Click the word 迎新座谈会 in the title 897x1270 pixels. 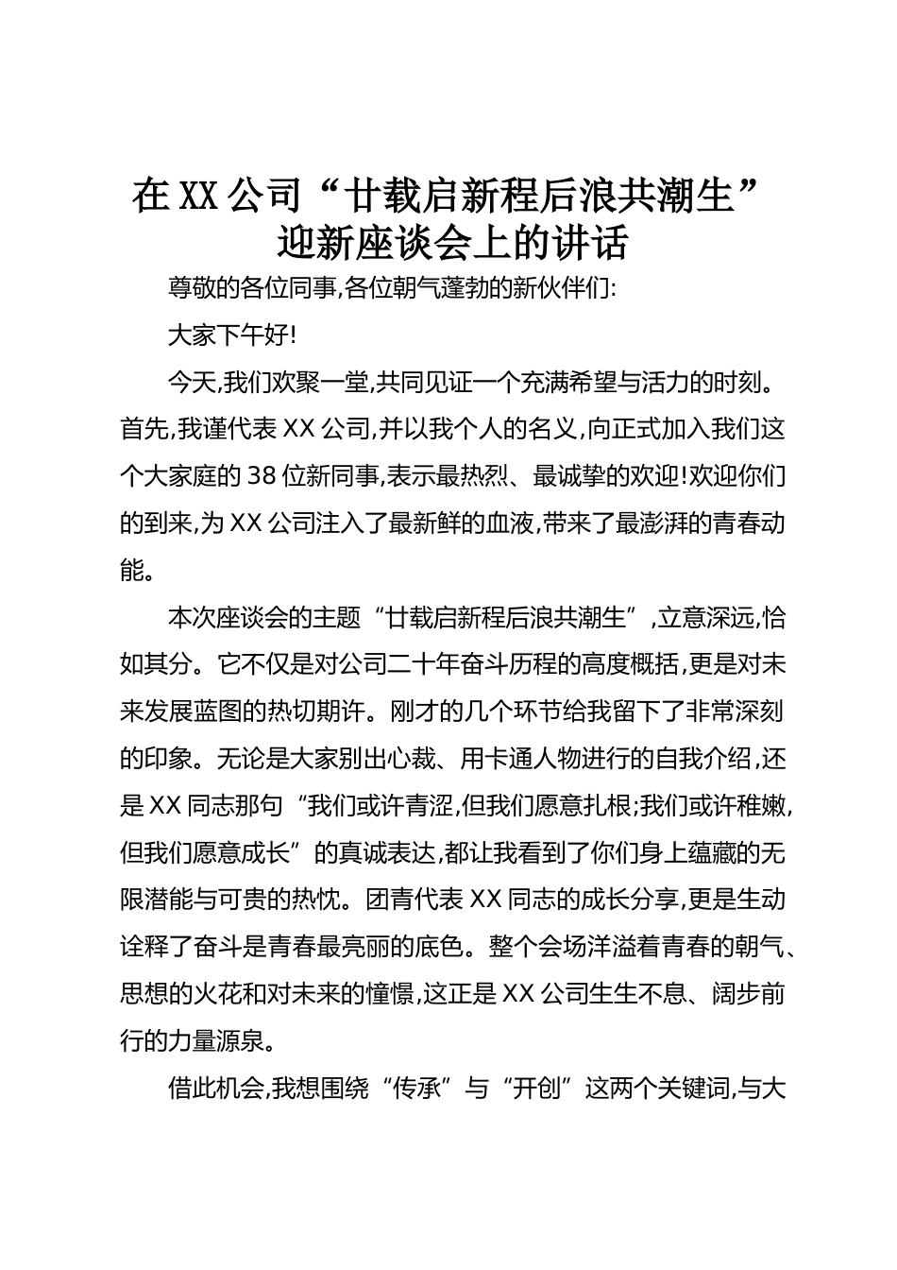[x=378, y=244]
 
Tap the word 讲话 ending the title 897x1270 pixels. [x=592, y=244]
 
